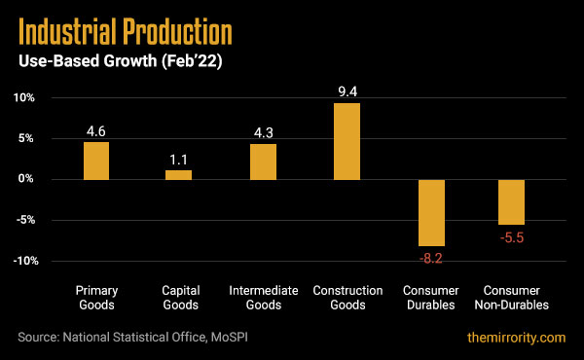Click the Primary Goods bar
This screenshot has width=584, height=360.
tap(95, 161)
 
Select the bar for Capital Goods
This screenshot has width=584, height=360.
tap(179, 174)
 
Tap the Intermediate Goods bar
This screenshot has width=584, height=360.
tap(263, 162)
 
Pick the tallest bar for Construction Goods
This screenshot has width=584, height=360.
tap(347, 141)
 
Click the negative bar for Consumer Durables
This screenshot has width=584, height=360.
tap(430, 212)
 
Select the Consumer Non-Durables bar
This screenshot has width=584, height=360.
tap(512, 201)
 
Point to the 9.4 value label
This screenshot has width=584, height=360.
tap(347, 91)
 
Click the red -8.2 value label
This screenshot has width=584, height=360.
tap(430, 258)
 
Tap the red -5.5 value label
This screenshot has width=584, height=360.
tap(512, 236)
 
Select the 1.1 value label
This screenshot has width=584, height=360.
tap(179, 158)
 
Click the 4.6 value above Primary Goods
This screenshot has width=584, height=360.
tap(95, 129)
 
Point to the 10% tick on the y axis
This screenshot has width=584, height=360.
tap(23, 98)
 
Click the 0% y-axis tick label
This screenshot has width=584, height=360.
tap(26, 180)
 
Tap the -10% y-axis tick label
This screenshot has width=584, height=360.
tap(22, 261)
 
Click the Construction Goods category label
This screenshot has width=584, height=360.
tap(347, 298)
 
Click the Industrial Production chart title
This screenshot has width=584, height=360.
tap(126, 33)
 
